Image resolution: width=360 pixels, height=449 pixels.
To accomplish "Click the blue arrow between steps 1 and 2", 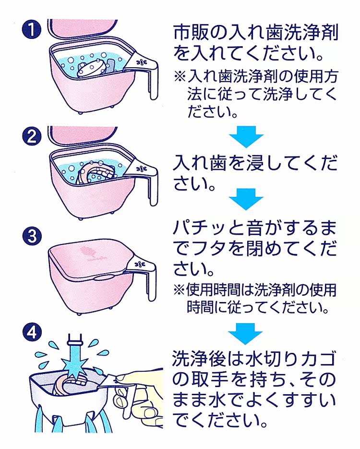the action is [x=246, y=135].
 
